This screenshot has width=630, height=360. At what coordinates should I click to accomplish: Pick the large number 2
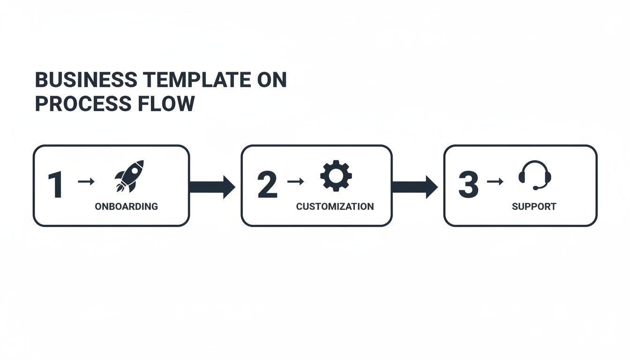pos(267,185)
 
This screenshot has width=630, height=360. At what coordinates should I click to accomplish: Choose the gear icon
pos(336,176)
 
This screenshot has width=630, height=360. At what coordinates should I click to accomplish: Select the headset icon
pos(535,174)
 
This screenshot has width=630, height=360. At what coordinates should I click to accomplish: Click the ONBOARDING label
pos(126,207)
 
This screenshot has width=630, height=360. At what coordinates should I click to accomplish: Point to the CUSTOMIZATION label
pos(335,207)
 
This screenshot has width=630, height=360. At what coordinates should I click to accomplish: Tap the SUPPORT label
pos(534,207)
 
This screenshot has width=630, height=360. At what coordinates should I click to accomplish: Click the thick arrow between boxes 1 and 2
pos(212,187)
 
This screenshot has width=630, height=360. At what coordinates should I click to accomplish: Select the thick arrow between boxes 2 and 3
pos(414,187)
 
